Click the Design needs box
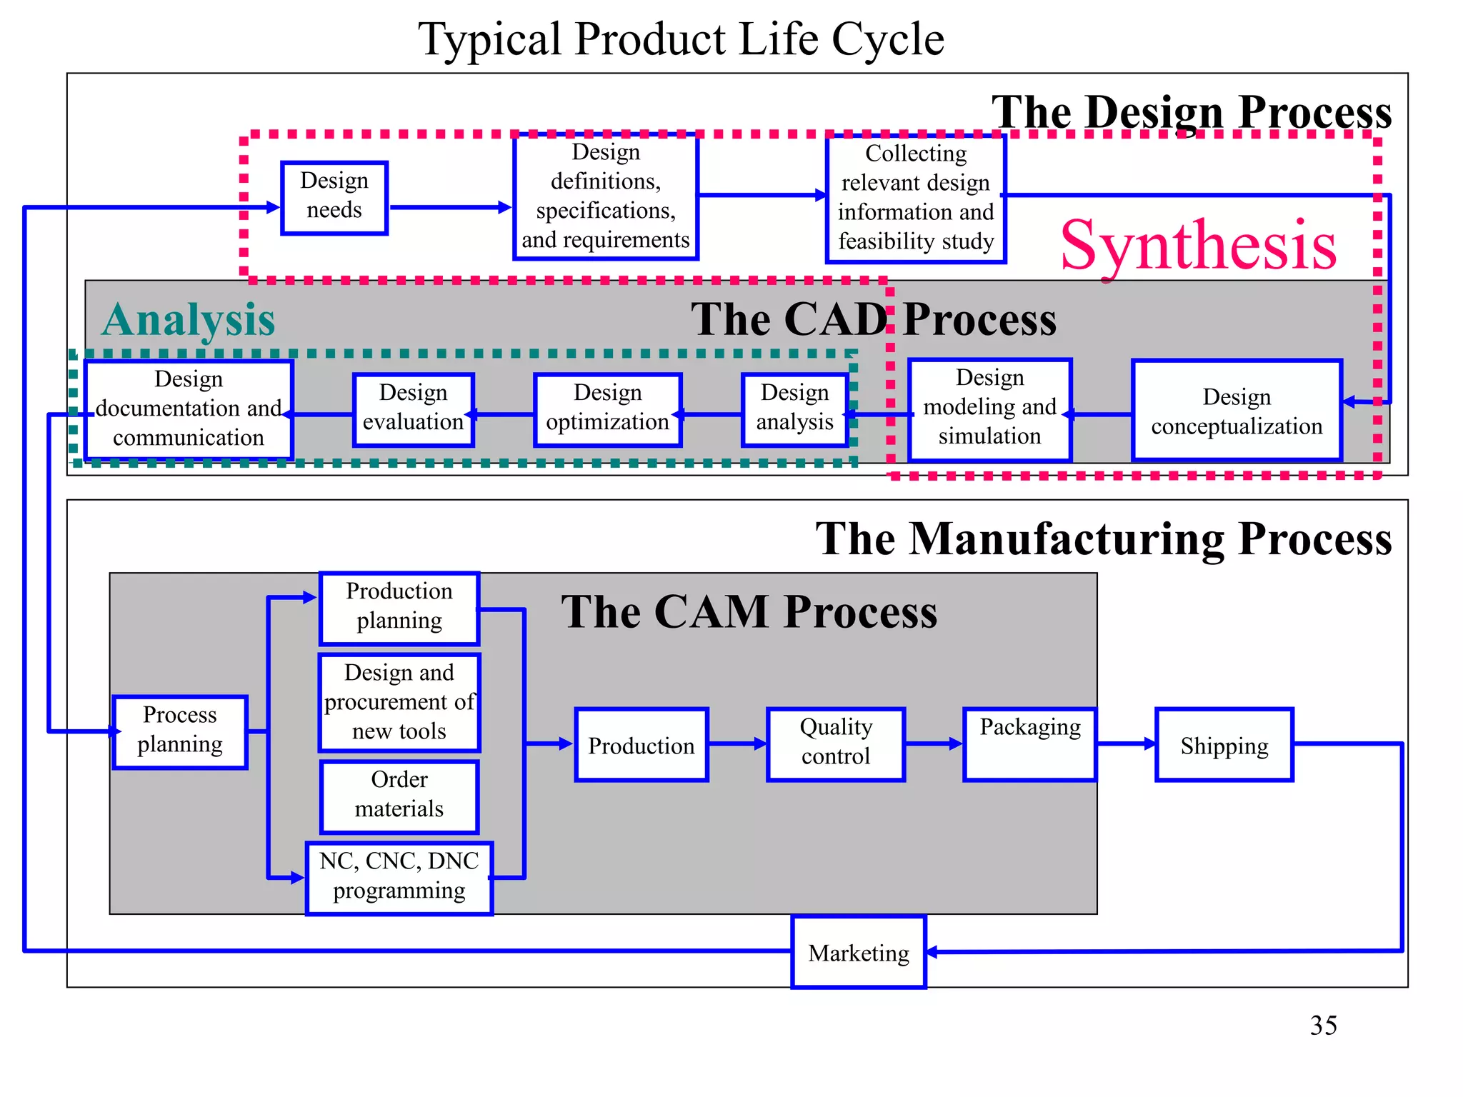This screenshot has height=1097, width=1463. click(x=334, y=197)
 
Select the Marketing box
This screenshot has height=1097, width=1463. click(x=859, y=952)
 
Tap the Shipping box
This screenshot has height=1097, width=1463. click(x=1224, y=744)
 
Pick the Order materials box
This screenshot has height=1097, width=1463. click(x=399, y=796)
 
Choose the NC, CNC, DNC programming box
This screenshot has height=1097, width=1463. click(x=399, y=878)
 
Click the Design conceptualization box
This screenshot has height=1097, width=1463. click(x=1237, y=411)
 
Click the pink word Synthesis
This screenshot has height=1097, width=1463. click(x=1198, y=245)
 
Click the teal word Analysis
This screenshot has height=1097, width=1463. click(x=189, y=319)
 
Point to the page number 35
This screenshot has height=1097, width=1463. click(x=1323, y=1025)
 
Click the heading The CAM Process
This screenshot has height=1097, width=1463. click(x=749, y=612)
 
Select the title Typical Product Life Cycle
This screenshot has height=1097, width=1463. click(x=681, y=39)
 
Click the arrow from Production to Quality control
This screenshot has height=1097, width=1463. click(x=737, y=744)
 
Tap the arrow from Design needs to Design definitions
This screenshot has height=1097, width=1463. click(x=450, y=208)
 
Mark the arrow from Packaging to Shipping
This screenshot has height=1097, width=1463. click(x=1126, y=744)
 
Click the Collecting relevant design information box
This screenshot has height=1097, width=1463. click(x=916, y=198)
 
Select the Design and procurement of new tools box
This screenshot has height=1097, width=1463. click(x=399, y=702)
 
